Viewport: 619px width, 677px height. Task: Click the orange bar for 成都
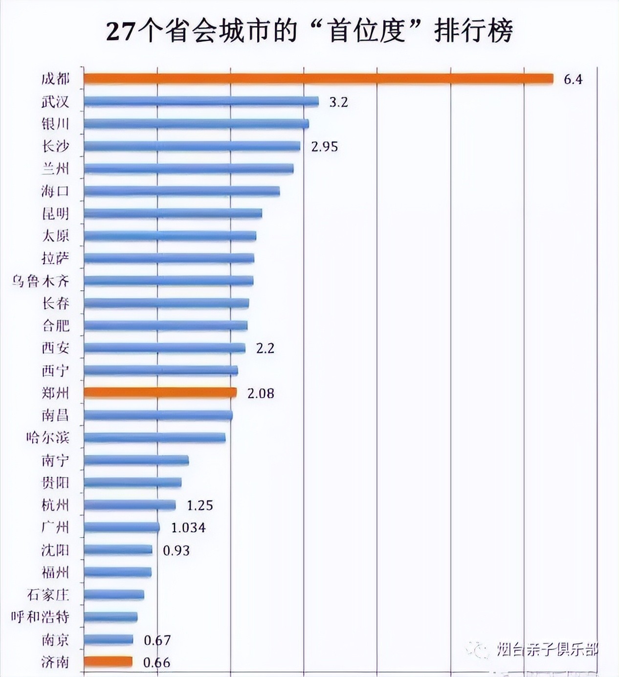tap(318, 79)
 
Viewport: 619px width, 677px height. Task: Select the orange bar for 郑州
tap(160, 393)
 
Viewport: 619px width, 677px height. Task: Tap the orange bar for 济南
tap(108, 662)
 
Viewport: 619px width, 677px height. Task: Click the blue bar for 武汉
tap(201, 101)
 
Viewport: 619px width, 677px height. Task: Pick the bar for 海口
tap(181, 191)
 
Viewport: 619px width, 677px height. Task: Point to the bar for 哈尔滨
tap(155, 437)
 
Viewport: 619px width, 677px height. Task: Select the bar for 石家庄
tap(114, 595)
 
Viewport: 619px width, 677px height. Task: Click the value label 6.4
tap(573, 79)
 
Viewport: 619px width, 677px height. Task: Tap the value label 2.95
tap(325, 147)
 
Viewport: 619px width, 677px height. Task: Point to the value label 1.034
tap(188, 528)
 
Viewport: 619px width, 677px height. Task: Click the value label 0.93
tap(176, 551)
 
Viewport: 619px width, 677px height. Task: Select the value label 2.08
tap(261, 393)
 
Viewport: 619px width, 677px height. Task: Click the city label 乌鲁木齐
tap(41, 281)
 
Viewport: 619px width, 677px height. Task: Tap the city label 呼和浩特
tap(40, 617)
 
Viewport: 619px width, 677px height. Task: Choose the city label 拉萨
tap(55, 258)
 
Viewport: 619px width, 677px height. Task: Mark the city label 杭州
tap(55, 505)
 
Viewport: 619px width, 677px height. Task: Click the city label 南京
tap(55, 640)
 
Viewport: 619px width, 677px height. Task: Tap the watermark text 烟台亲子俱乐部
tap(547, 649)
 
